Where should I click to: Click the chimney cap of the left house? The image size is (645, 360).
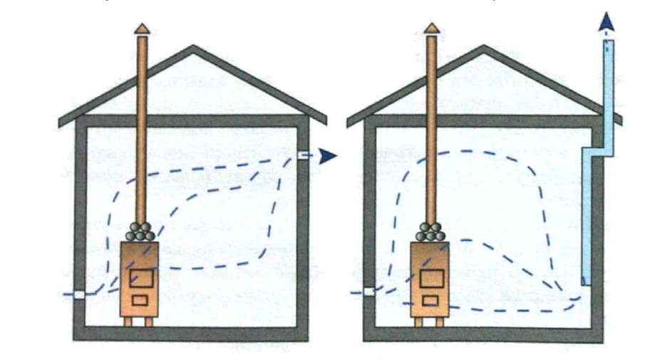(143, 29)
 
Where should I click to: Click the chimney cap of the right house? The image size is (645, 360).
(430, 29)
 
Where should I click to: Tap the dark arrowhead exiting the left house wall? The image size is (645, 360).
(327, 155)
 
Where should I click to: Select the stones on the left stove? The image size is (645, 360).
(140, 232)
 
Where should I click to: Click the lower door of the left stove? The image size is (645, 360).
(140, 300)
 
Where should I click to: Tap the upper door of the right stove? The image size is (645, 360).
(430, 277)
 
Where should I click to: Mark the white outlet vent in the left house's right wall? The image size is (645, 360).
(302, 155)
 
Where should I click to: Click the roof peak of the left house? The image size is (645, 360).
(192, 48)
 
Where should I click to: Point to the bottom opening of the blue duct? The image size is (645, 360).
(587, 282)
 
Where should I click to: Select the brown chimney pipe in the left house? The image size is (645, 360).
(143, 128)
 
